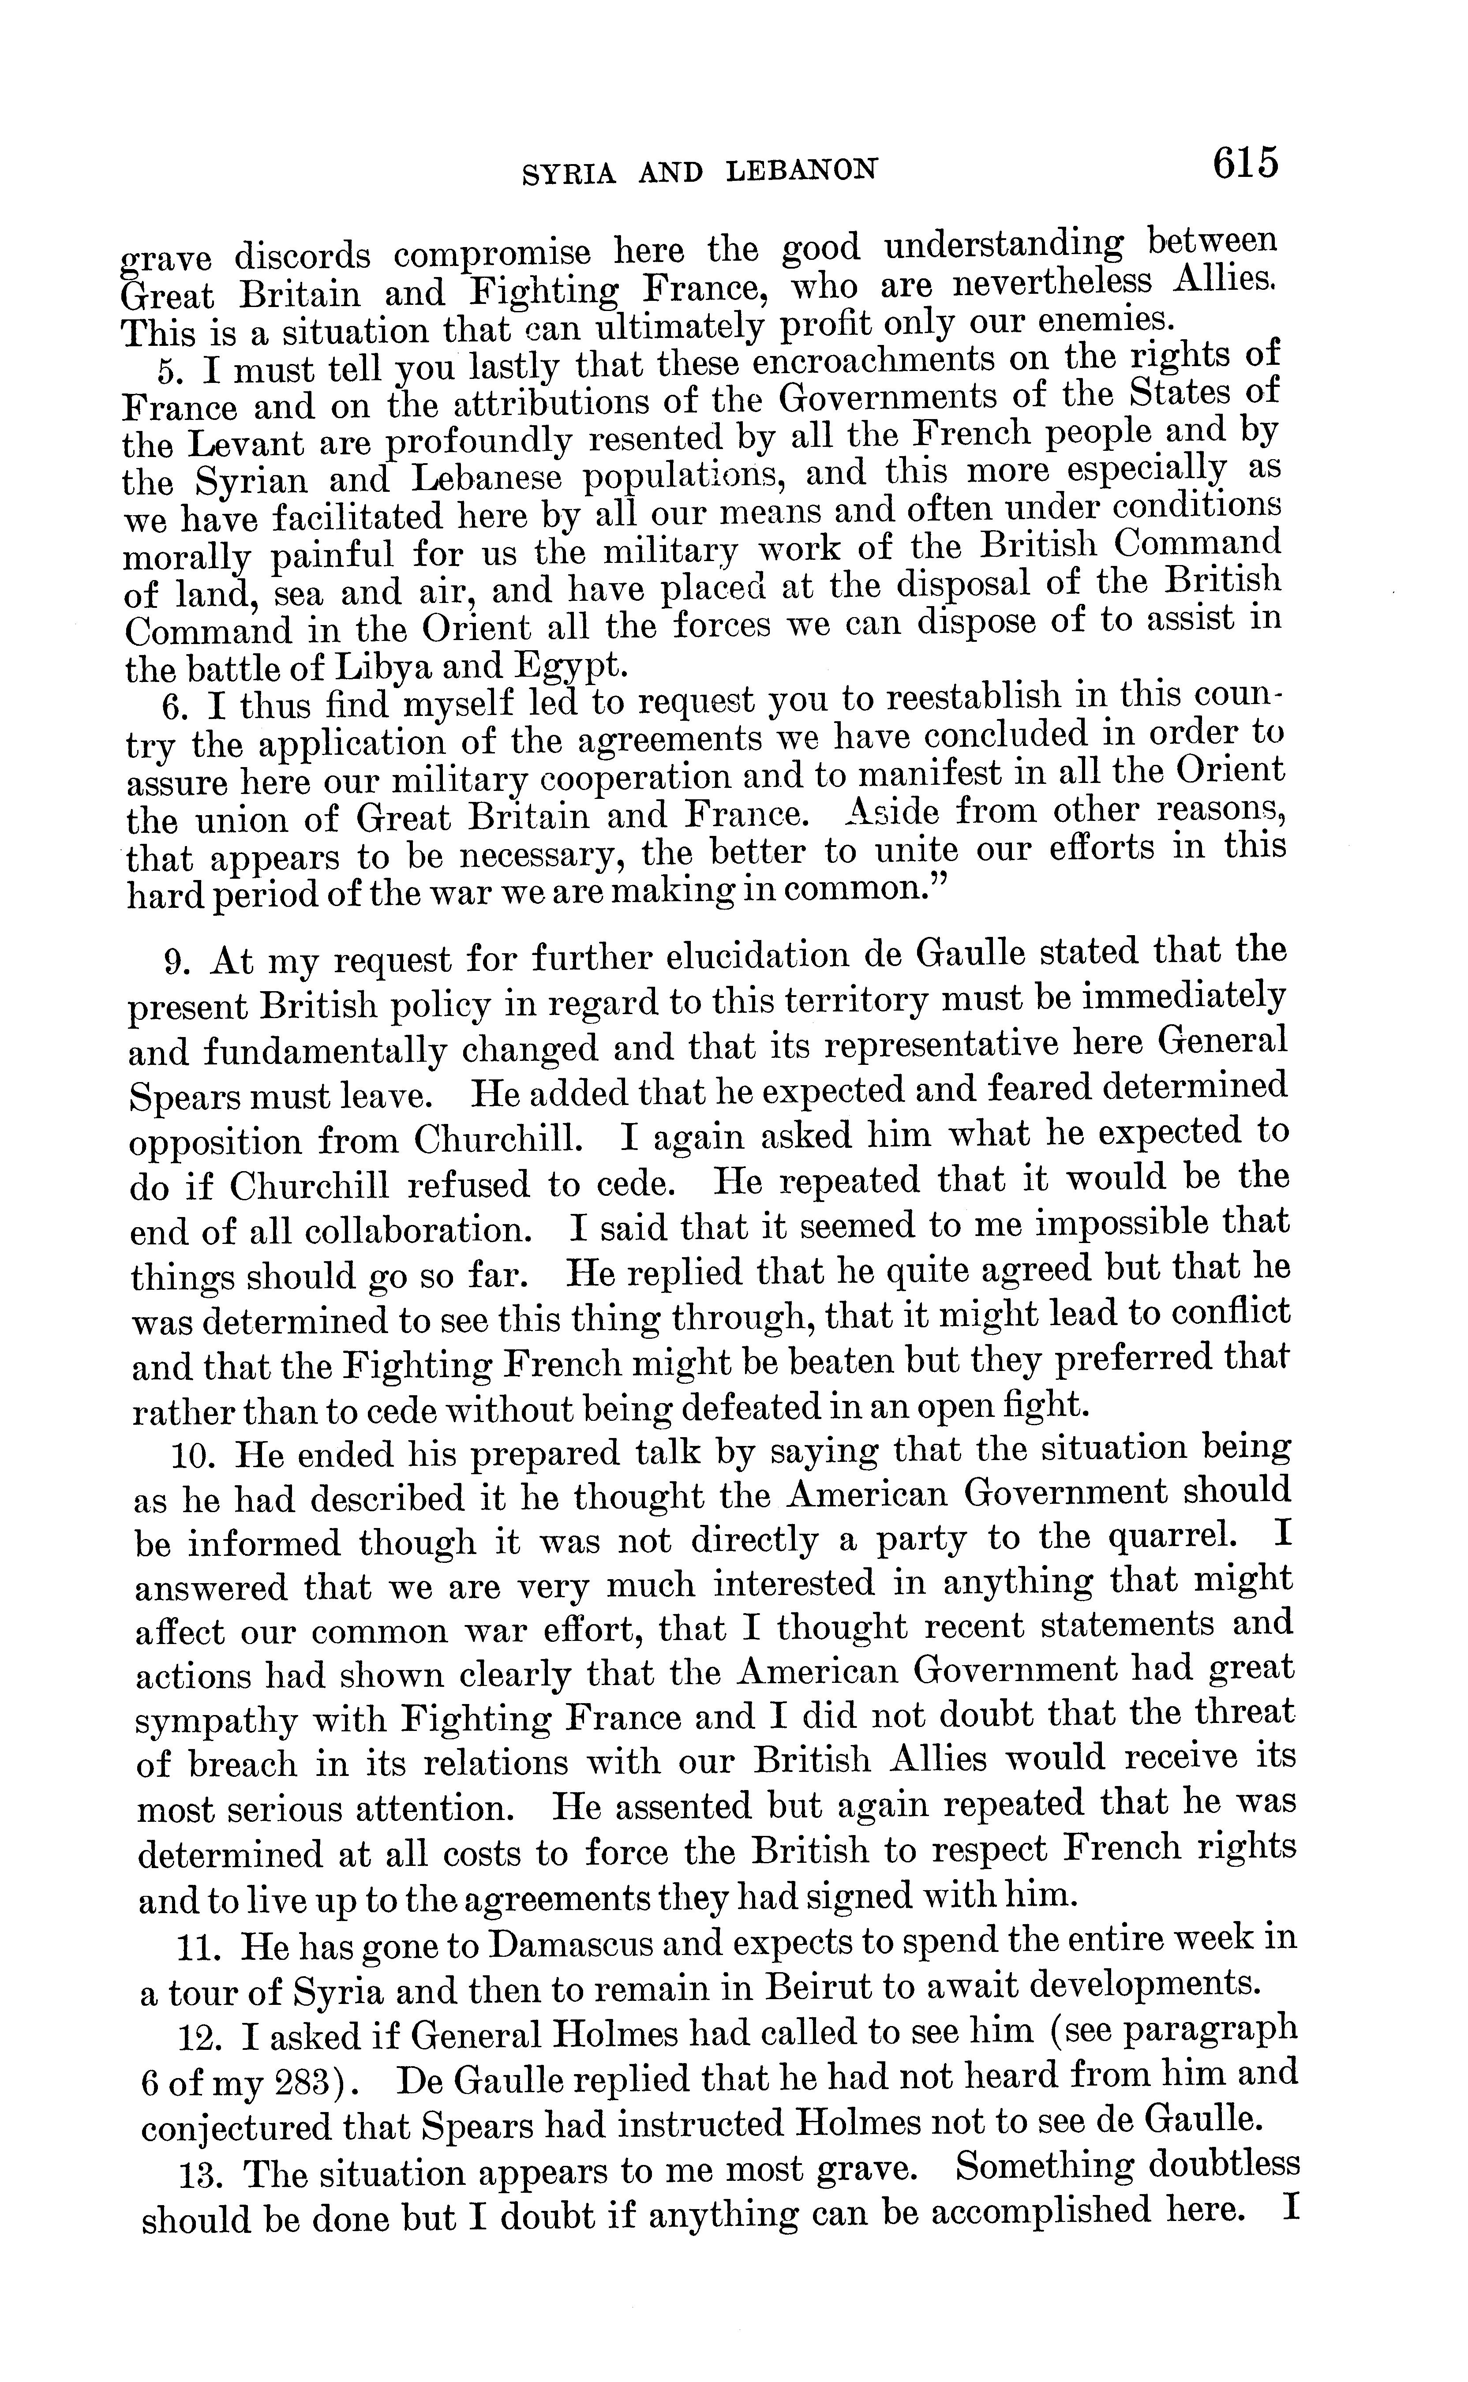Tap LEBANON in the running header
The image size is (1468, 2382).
[x=802, y=171]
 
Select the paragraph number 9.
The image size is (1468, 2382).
[x=175, y=962]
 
